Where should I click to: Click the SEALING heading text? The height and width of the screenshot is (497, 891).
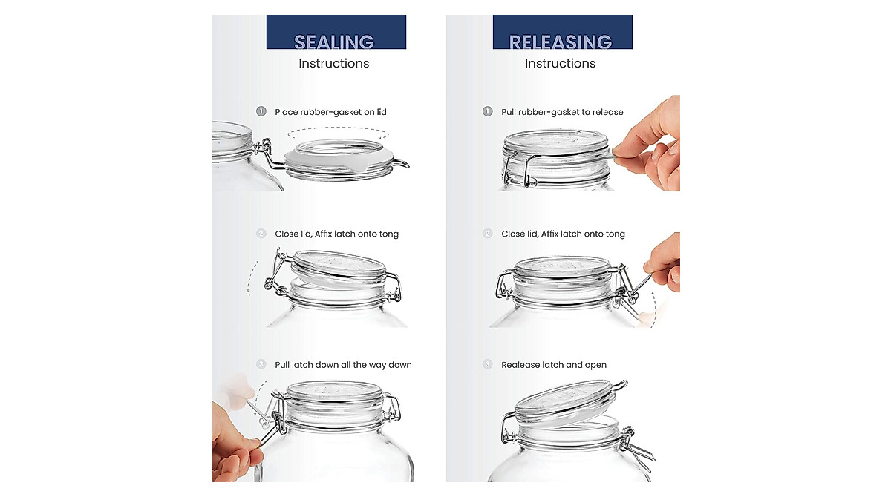pyautogui.click(x=334, y=42)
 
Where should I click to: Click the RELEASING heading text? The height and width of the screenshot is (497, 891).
pyautogui.click(x=561, y=42)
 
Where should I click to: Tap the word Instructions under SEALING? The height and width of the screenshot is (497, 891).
pyautogui.click(x=333, y=63)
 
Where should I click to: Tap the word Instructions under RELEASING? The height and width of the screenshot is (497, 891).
pyautogui.click(x=560, y=63)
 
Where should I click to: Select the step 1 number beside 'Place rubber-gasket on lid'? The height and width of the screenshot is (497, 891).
pyautogui.click(x=261, y=111)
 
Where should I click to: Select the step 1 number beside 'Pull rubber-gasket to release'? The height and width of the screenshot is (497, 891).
pyautogui.click(x=487, y=111)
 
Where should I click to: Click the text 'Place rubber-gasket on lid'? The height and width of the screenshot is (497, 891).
pyautogui.click(x=330, y=112)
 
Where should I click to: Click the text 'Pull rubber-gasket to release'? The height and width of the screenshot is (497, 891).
pyautogui.click(x=562, y=112)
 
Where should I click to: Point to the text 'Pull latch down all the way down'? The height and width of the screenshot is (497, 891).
pyautogui.click(x=343, y=365)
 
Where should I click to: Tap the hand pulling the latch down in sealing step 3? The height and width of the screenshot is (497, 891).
pyautogui.click(x=235, y=446)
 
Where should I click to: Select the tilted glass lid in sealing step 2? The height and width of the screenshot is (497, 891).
pyautogui.click(x=339, y=268)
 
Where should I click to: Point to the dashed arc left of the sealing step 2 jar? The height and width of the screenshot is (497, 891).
pyautogui.click(x=249, y=278)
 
